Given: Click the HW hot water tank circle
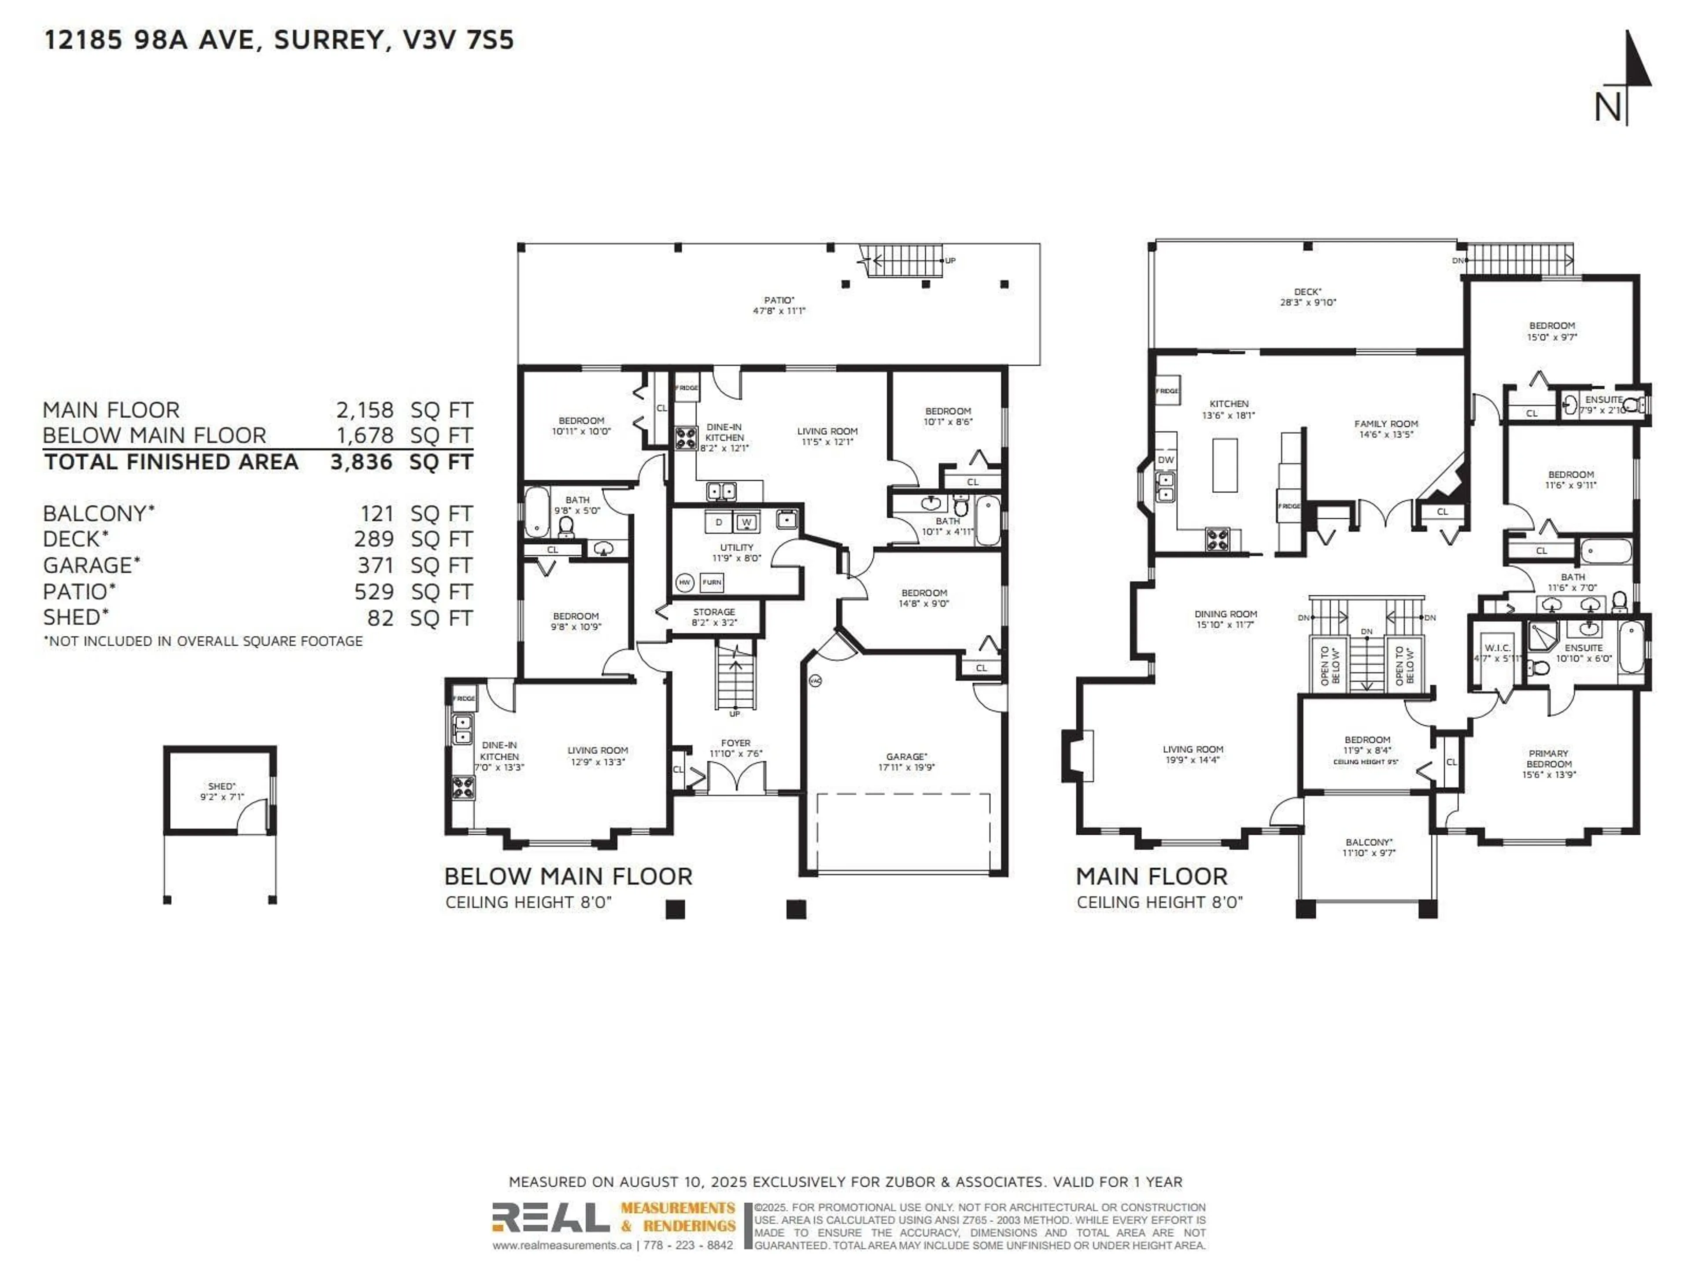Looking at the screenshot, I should click(685, 582).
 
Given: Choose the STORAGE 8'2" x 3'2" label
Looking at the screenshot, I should click(713, 617).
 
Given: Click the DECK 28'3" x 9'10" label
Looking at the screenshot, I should click(1307, 297).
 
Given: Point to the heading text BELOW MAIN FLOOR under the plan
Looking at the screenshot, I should click(568, 877).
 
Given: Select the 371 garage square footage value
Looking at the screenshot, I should click(375, 566).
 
